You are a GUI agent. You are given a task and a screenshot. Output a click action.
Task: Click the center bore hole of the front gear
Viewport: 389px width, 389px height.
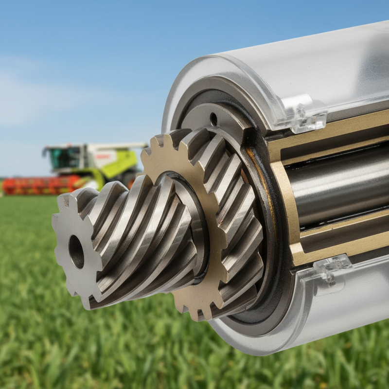click(x=76, y=251)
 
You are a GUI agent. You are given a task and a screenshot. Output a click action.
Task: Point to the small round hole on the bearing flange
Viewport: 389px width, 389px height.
click(x=213, y=119)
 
